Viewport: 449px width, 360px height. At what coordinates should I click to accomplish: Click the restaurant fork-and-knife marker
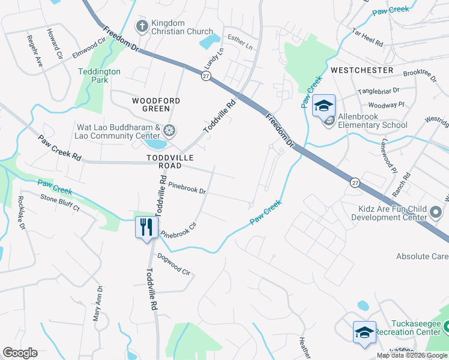pyautogui.click(x=146, y=227)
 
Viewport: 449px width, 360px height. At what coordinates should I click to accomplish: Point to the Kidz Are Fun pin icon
pyautogui.click(x=436, y=212)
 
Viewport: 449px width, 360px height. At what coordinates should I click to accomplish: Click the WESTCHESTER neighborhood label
pyautogui.click(x=362, y=70)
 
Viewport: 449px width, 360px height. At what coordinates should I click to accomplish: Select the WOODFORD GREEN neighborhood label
pyautogui.click(x=152, y=104)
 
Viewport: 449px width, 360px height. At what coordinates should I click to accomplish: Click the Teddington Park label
pyautogui.click(x=99, y=76)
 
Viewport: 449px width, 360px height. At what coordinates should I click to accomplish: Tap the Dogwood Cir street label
pyautogui.click(x=173, y=264)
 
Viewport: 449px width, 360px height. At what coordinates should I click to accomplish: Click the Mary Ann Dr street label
pyautogui.click(x=97, y=304)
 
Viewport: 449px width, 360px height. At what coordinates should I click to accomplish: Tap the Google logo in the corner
pyautogui.click(x=20, y=353)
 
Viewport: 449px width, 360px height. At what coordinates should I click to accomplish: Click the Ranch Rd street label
pyautogui.click(x=406, y=185)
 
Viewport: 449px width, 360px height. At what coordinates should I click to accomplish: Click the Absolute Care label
pyautogui.click(x=422, y=256)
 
